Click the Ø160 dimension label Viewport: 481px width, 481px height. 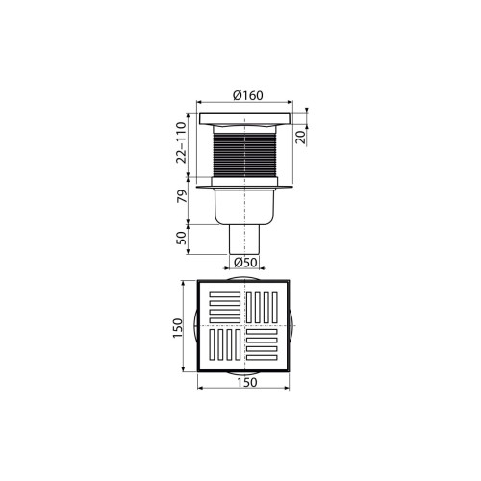point(248,95)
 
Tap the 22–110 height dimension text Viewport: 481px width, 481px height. point(182,142)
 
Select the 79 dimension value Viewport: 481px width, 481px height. point(182,196)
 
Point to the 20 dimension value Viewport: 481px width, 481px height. point(301,139)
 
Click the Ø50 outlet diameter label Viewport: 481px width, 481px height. point(245,263)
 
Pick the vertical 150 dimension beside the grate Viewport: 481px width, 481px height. point(177,328)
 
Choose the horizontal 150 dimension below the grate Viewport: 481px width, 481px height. point(247,382)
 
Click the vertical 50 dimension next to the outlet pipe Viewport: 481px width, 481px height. point(182,238)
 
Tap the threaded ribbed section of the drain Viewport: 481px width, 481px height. point(244,155)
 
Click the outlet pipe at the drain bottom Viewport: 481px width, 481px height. point(244,240)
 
